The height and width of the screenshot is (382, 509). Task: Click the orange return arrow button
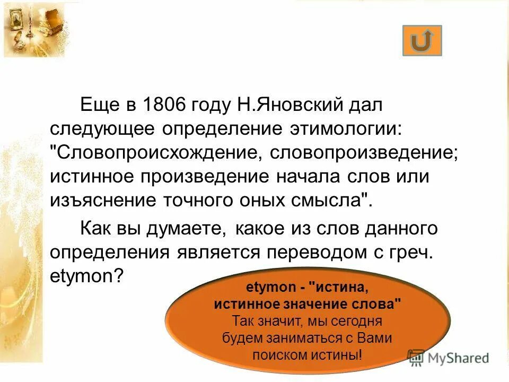click(x=422, y=41)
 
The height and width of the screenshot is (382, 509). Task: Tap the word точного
click(x=215, y=201)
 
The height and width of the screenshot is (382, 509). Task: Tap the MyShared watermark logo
click(x=449, y=358)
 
